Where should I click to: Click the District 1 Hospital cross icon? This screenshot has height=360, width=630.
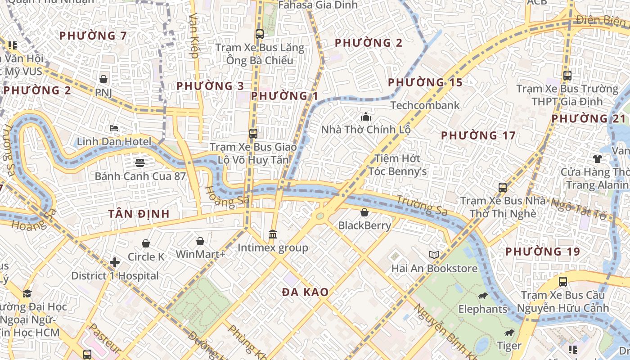(x=115, y=262)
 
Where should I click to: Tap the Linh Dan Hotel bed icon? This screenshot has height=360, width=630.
(x=114, y=128)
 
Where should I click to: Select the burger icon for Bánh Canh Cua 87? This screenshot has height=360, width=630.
(x=140, y=162)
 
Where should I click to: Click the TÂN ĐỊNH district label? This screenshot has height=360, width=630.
(x=139, y=214)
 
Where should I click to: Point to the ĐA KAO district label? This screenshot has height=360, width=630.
(x=305, y=292)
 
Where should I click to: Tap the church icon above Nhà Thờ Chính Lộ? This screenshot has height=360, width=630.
(x=365, y=117)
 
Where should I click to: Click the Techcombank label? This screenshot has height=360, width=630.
(x=425, y=105)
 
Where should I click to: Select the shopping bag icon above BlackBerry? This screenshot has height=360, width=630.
(x=364, y=212)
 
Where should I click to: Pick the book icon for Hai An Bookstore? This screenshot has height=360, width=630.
(x=434, y=255)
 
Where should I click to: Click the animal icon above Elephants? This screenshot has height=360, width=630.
(x=482, y=296)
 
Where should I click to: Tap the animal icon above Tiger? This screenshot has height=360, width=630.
(x=509, y=333)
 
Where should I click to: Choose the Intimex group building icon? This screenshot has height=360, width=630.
(x=272, y=234)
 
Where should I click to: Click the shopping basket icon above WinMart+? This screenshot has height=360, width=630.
(x=200, y=242)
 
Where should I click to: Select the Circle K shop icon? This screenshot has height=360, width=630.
(x=146, y=243)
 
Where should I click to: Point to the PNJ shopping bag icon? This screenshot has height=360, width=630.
(x=103, y=79)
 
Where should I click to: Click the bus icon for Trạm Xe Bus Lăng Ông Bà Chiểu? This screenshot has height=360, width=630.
(x=259, y=34)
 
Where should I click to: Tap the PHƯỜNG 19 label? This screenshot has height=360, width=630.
(x=543, y=252)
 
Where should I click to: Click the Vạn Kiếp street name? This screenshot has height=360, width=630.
(x=194, y=36)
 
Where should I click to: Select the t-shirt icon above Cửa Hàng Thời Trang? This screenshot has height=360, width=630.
(x=597, y=158)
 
